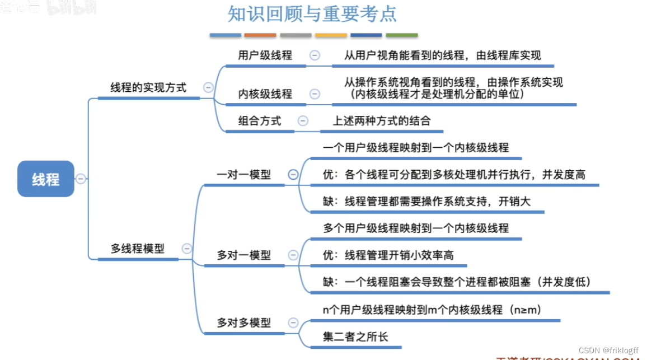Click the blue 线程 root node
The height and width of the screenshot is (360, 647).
click(46, 179)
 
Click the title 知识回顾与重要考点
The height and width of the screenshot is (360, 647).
click(312, 13)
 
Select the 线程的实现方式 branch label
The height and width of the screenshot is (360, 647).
click(148, 87)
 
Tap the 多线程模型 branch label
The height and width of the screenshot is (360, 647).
click(138, 249)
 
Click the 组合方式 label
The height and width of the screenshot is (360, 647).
click(259, 120)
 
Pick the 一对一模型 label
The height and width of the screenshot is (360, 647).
click(243, 175)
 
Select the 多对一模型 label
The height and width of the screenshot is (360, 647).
click(243, 255)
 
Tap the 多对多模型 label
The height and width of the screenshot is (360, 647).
click(243, 322)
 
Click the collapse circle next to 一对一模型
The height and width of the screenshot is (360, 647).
click(293, 174)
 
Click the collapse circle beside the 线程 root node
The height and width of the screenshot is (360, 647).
click(81, 179)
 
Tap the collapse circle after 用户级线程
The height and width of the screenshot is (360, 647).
click(315, 55)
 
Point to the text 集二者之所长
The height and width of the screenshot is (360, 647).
click(355, 337)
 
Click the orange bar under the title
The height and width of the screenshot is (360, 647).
click(260, 35)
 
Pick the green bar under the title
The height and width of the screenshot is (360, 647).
click(401, 35)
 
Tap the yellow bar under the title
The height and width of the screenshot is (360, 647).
click(331, 35)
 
